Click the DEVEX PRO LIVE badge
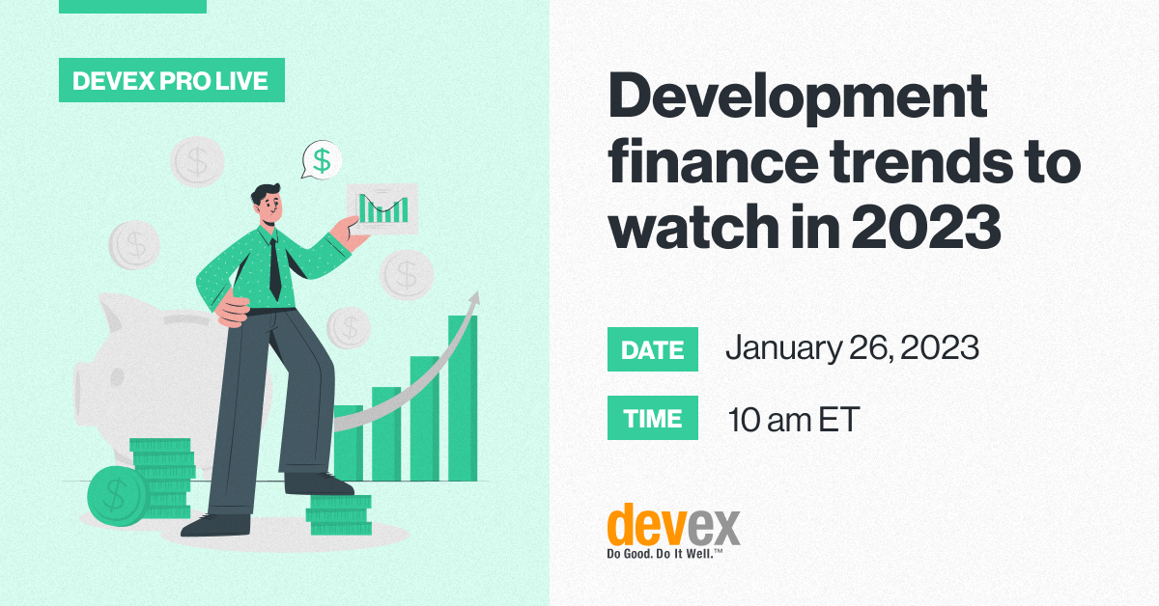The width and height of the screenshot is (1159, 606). pos(172,81)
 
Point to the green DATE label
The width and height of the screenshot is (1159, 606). pos(652,349)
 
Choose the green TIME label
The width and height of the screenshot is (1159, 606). pos(652,419)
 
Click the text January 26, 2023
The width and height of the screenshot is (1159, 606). pos(852,348)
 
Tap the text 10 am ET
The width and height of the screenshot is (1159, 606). pos(793,420)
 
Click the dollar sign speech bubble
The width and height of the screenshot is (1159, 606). pos(321,160)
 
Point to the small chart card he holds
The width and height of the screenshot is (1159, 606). pos(382,207)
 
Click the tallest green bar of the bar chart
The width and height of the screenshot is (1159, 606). pos(462,396)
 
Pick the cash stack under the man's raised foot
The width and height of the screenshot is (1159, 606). pos(338,515)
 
